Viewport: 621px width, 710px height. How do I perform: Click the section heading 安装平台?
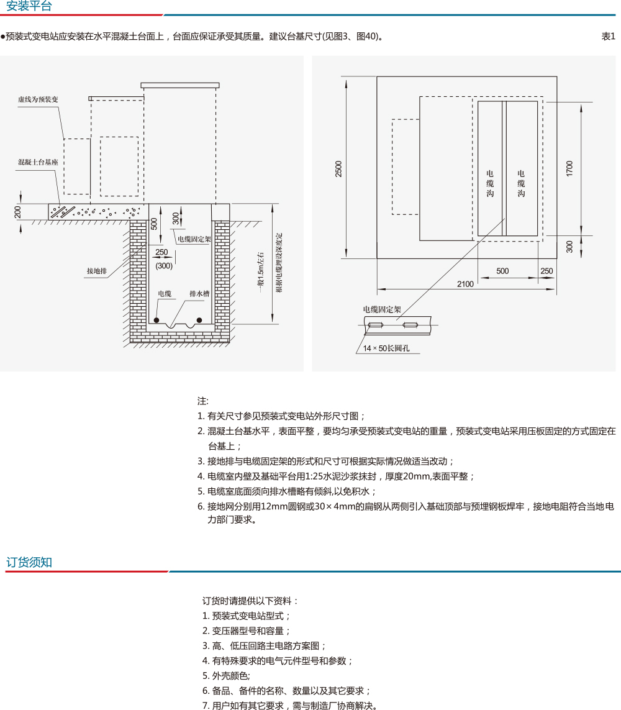coord(29,7)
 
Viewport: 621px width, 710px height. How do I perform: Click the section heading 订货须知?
coord(29,563)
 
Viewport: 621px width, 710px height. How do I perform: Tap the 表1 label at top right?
coord(608,37)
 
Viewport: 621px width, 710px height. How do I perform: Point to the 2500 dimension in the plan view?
coord(338,168)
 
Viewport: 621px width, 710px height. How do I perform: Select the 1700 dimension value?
coord(569,168)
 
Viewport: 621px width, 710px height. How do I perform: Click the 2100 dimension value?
coord(465,284)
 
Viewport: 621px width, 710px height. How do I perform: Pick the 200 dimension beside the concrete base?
coord(18,212)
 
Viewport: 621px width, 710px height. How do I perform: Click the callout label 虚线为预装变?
coord(38,99)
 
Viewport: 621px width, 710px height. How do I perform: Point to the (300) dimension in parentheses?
coord(164,266)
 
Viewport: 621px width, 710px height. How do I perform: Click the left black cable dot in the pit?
coord(156,320)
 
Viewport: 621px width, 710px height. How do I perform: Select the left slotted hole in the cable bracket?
coord(375,325)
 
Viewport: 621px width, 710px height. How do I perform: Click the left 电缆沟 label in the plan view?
coord(490,184)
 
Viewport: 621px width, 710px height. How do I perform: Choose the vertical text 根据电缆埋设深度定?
coord(279,262)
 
